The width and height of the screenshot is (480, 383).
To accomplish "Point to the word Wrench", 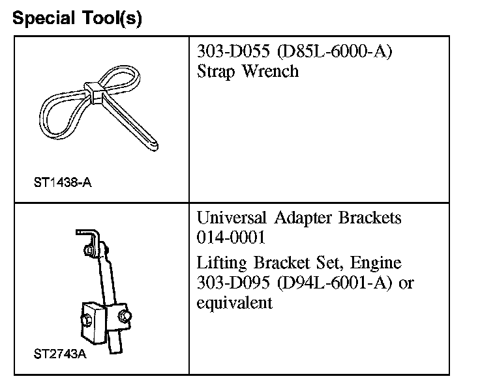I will pos(271,71).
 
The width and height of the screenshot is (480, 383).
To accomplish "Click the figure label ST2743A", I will pos(59,356).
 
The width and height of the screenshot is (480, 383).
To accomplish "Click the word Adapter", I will pos(303,218).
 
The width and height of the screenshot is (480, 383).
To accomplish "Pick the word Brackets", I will pos(370,218).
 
